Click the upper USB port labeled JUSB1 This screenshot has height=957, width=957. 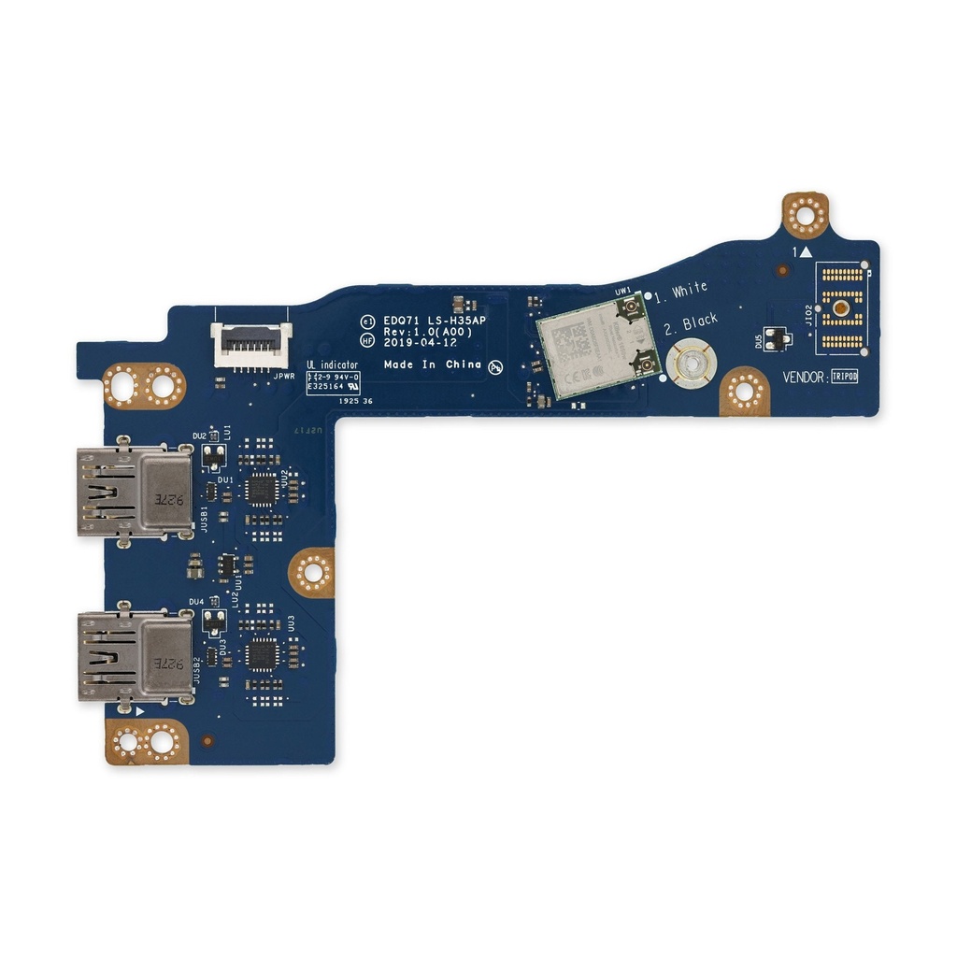click(x=135, y=492)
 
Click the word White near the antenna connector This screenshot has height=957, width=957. click(x=690, y=290)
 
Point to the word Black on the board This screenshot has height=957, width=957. click(x=700, y=322)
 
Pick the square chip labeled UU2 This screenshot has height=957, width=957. click(x=264, y=489)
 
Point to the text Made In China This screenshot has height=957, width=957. click(x=433, y=364)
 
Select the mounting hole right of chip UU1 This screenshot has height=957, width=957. click(x=312, y=572)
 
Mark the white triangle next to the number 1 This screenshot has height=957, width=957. click(x=805, y=252)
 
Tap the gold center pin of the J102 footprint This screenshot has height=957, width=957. click(x=841, y=307)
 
